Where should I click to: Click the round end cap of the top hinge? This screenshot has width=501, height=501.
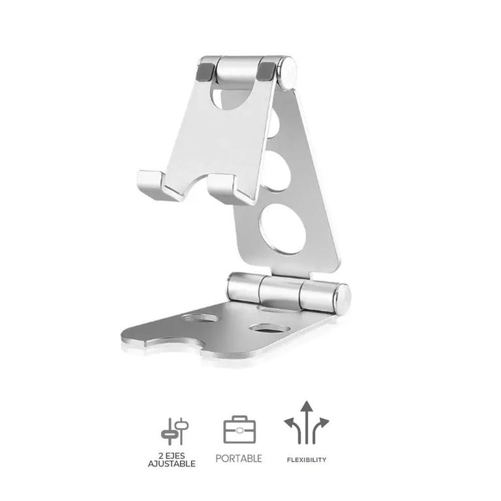click(x=288, y=73)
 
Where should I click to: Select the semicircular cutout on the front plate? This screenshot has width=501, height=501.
click(x=230, y=98)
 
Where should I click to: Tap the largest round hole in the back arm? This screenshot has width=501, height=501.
click(x=283, y=228)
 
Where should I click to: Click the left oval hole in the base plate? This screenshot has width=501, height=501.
click(x=200, y=318)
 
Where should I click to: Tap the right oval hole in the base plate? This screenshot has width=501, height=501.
click(x=270, y=328)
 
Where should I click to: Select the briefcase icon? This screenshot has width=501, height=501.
click(x=239, y=430)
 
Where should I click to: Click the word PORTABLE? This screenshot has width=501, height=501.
click(x=238, y=458)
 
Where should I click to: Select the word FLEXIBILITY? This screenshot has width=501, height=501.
click(x=307, y=459)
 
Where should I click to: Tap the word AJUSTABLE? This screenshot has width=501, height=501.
click(x=171, y=464)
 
